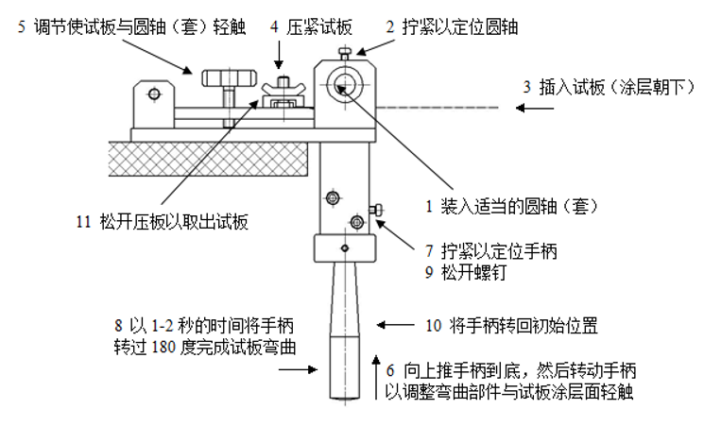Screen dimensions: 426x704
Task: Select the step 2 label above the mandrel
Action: click(x=451, y=27)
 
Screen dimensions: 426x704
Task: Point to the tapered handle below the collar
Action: click(x=346, y=331)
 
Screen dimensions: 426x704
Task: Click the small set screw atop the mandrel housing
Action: click(x=349, y=52)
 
